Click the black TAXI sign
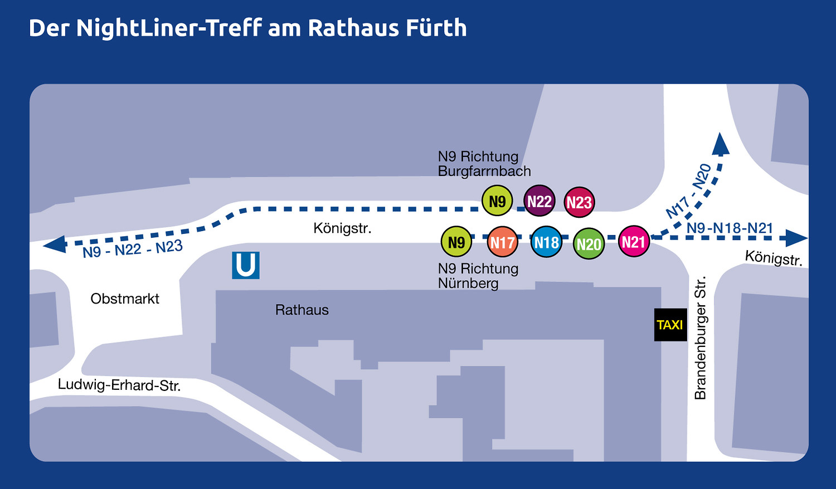(670, 325)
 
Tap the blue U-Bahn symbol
(246, 265)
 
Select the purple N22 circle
(539, 201)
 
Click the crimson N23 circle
(579, 202)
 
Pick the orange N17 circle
(502, 242)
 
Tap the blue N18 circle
(546, 242)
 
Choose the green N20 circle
(589, 244)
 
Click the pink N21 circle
(634, 242)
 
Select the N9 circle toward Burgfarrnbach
(497, 201)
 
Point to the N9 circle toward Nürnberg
(456, 242)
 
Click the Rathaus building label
(302, 310)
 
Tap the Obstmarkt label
(125, 299)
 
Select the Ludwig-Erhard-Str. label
(119, 385)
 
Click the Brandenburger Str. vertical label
(700, 338)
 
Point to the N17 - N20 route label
(689, 191)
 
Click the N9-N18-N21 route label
(730, 228)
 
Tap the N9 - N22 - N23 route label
(133, 249)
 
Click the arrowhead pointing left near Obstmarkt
(55, 244)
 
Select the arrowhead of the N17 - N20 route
(720, 144)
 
